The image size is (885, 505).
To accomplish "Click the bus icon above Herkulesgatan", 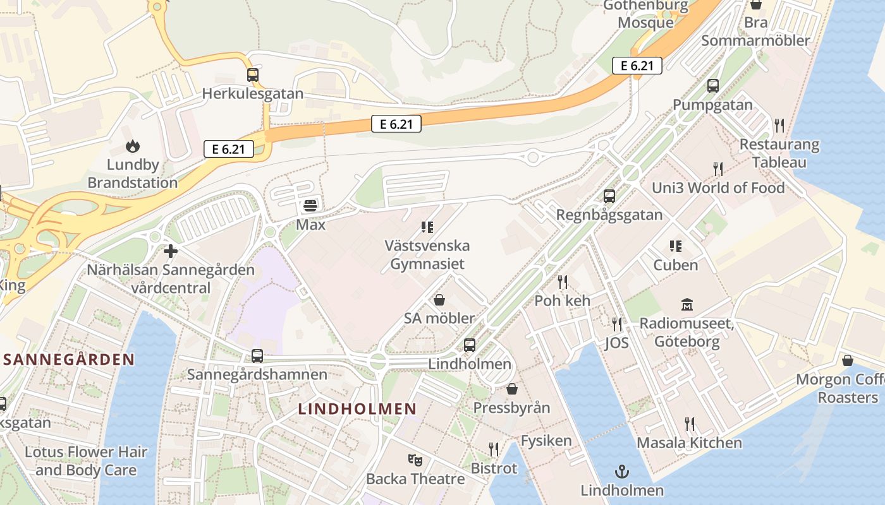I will tap(253, 75).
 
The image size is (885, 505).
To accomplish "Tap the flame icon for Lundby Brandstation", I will tap(132, 146).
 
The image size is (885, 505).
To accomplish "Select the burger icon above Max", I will tap(310, 205).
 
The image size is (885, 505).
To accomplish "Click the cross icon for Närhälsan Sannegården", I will tap(170, 251).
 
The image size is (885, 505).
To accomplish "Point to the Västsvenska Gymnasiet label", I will tap(427, 254).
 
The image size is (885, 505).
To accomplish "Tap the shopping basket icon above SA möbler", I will tap(439, 300).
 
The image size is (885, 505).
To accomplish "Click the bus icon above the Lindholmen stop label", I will tap(469, 345).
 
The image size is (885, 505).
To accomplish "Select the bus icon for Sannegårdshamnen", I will tap(257, 356).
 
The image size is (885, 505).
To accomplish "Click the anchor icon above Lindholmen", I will tap(622, 472).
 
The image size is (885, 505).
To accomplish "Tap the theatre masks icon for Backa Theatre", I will tap(415, 460).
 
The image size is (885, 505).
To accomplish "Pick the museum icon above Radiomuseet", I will tap(687, 305).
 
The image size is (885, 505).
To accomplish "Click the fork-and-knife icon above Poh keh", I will tap(563, 282).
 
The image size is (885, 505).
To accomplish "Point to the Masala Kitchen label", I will tap(689, 443).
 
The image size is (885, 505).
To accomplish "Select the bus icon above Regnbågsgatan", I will tap(609, 196).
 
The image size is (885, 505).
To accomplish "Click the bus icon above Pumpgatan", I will tap(713, 86).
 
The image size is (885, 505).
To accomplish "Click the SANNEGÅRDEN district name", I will tap(69, 360).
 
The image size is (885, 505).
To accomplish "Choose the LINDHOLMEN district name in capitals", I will tap(358, 408).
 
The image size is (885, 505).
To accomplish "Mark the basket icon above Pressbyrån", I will tap(512, 389).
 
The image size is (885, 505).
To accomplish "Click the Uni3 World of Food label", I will tap(718, 187).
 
